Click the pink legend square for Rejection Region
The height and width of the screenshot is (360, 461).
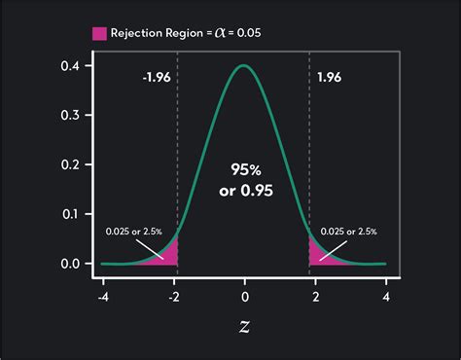click(99, 33)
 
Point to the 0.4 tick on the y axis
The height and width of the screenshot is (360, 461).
click(70, 65)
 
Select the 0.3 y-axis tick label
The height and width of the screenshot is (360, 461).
click(70, 115)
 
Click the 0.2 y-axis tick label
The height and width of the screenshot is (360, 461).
click(70, 164)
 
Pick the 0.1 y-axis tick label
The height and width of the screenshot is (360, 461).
click(70, 214)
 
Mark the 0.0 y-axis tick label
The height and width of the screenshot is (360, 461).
click(70, 264)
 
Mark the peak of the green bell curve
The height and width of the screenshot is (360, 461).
click(245, 66)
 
